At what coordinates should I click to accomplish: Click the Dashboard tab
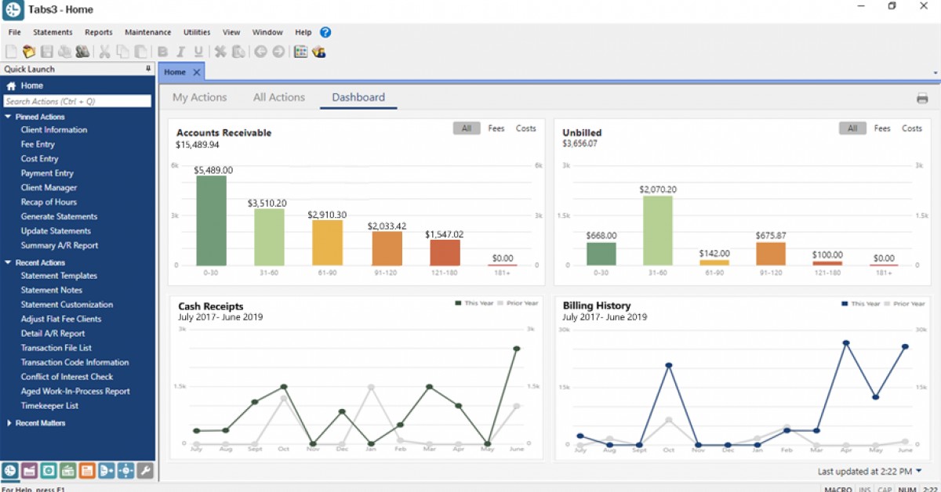(358, 98)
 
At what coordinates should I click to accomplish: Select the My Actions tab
(199, 98)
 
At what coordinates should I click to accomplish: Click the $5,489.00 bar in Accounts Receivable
(211, 220)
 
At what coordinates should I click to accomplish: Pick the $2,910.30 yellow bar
(327, 242)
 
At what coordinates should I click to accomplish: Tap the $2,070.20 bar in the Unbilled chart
(658, 230)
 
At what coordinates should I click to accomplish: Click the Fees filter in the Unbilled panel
(882, 128)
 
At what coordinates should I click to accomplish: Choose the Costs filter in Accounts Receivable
(525, 128)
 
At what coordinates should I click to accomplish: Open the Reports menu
(99, 33)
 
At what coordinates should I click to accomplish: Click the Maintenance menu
(147, 33)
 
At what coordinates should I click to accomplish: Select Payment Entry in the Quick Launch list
(47, 173)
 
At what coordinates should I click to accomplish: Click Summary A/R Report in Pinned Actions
(60, 245)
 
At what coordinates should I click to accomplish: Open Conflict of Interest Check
(67, 377)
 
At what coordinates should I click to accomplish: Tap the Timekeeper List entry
(49, 406)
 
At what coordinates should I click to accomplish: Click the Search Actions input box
(77, 101)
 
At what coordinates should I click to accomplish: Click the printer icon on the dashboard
(922, 99)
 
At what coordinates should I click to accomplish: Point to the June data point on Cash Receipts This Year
(517, 349)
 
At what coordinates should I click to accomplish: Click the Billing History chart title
(597, 306)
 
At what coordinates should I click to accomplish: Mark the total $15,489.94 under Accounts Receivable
(198, 145)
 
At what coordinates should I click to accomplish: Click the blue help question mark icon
(325, 33)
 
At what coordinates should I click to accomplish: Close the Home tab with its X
(197, 72)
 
